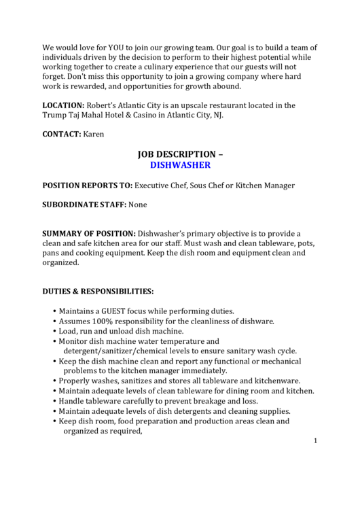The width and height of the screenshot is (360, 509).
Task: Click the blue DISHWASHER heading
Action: (x=180, y=164)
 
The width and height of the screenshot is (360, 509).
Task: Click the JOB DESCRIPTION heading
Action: (x=180, y=154)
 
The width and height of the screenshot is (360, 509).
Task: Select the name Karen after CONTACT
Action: (x=94, y=134)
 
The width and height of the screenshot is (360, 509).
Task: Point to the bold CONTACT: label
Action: (x=62, y=134)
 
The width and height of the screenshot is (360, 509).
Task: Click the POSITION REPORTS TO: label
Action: (x=88, y=185)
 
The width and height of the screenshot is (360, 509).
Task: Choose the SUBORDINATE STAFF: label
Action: (x=84, y=205)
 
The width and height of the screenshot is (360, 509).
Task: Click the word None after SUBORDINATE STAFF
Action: (x=137, y=205)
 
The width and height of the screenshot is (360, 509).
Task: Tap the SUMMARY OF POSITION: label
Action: (x=89, y=233)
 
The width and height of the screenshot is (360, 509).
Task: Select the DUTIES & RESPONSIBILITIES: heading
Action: (x=98, y=292)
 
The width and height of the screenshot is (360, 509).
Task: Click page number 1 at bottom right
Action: (x=316, y=441)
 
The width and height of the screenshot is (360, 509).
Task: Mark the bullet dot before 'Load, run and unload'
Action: (x=54, y=331)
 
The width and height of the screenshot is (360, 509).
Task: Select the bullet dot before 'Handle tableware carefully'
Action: (x=54, y=401)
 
